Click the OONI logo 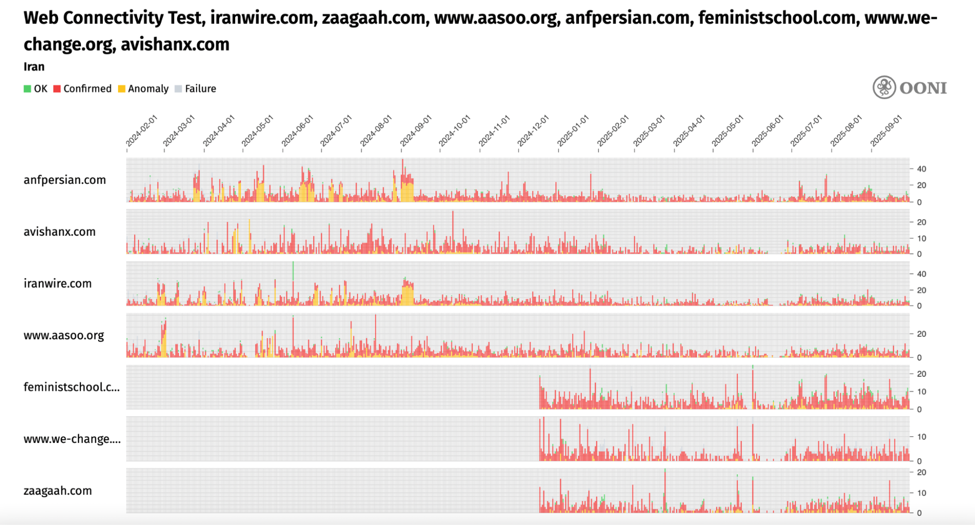[x=910, y=88]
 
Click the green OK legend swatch [x=27, y=89]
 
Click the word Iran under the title [x=34, y=67]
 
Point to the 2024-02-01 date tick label [x=141, y=131]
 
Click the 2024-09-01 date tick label [x=416, y=131]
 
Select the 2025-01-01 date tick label [x=573, y=131]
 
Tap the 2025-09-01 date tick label [x=886, y=131]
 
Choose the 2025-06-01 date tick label [x=767, y=131]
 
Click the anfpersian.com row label [x=65, y=180]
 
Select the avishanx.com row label [x=60, y=232]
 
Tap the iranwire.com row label [x=58, y=283]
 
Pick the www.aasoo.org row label [x=64, y=335]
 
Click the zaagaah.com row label [x=58, y=490]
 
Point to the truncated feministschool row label [x=71, y=387]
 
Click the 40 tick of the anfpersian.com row [x=921, y=169]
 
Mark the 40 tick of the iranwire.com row [x=921, y=274]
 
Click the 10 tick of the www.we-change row [x=921, y=437]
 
